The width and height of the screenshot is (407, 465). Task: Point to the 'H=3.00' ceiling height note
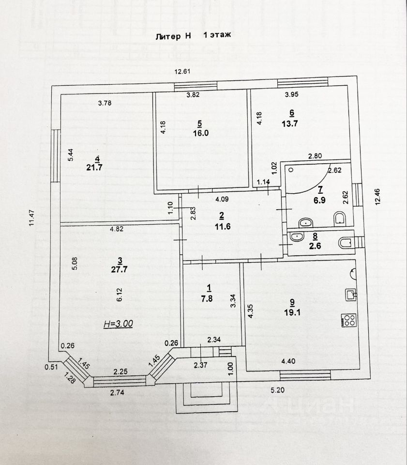coord(118,324)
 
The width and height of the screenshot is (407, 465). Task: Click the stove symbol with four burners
coord(349,320)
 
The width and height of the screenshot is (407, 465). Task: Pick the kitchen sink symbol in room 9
coord(351,294)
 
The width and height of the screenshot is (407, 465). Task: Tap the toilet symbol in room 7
coord(340,219)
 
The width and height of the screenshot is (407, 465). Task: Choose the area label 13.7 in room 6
coord(291,124)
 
